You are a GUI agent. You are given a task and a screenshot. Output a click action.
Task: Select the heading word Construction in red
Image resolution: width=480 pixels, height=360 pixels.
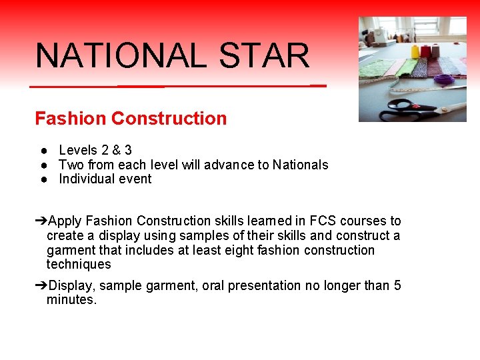[x=169, y=119]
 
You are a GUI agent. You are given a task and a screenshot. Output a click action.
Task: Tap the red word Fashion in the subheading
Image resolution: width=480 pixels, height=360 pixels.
[x=71, y=119]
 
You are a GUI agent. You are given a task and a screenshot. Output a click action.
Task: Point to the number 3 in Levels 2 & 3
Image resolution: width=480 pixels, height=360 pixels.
[x=128, y=151]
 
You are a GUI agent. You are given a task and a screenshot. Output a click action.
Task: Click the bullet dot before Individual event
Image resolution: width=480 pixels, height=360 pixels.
[x=42, y=179]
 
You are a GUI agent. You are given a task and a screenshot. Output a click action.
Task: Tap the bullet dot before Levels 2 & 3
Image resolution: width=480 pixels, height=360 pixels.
[x=42, y=151]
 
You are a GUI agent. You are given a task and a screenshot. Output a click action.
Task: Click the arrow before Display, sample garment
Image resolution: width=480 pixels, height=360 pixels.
[x=41, y=286]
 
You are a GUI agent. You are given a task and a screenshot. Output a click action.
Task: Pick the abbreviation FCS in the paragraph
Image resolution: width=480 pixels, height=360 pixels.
[x=323, y=221]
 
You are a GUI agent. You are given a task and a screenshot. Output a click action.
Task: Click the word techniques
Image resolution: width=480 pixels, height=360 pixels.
[x=79, y=265]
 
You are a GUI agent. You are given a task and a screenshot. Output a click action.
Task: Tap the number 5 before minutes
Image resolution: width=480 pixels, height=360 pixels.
[x=397, y=286]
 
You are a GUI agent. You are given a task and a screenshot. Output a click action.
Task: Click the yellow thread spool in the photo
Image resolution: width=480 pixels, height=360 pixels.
[x=415, y=51]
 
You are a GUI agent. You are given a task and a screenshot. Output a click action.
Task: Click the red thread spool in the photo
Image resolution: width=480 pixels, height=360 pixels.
[x=426, y=51]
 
